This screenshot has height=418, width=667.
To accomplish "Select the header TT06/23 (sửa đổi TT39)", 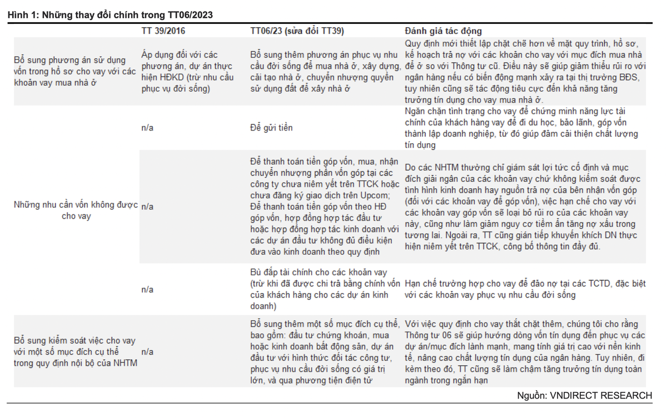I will pyautogui.click(x=297, y=31).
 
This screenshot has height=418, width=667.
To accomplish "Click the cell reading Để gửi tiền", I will pyautogui.click(x=271, y=128).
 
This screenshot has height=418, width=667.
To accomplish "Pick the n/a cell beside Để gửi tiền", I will pyautogui.click(x=147, y=128).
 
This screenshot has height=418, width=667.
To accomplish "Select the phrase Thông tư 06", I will pyautogui.click(x=430, y=335).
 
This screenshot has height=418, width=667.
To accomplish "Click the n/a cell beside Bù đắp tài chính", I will pyautogui.click(x=147, y=289).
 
